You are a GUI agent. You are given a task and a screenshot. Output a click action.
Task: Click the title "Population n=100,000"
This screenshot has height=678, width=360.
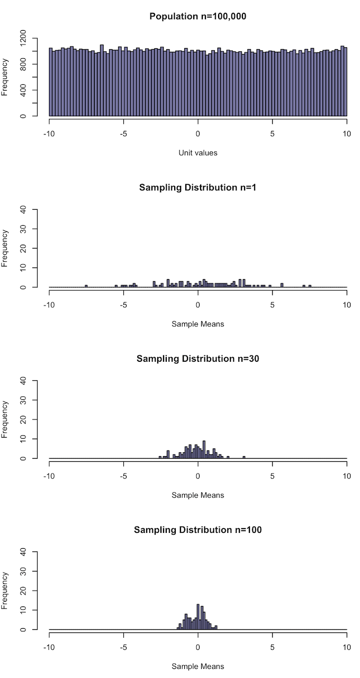click(198, 16)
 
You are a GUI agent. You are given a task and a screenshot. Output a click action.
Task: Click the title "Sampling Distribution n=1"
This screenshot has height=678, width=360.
click(198, 188)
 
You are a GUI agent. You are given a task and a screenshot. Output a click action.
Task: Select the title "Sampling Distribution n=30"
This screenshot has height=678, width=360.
click(198, 359)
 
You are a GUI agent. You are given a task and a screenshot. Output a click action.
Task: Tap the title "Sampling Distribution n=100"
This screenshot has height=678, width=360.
click(198, 530)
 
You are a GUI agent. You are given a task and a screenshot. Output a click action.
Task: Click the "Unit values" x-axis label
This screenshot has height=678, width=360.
click(198, 153)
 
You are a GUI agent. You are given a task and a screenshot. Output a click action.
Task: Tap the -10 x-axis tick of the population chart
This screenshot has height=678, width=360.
click(49, 135)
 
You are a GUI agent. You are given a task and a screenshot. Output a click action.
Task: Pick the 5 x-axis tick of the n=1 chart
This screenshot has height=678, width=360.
click(273, 306)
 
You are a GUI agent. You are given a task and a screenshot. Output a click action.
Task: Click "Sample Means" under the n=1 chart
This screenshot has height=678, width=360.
click(198, 324)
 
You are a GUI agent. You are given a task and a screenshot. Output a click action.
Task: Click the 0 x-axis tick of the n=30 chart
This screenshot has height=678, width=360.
click(198, 477)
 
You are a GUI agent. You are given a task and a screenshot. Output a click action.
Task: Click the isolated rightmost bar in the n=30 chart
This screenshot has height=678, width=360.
click(244, 457)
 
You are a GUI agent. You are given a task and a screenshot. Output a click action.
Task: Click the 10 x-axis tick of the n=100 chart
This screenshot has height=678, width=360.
click(347, 648)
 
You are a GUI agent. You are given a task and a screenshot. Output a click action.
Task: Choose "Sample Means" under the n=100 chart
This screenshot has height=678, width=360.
click(198, 666)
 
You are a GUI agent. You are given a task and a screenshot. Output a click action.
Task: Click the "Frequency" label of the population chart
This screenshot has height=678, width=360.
click(5, 77)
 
